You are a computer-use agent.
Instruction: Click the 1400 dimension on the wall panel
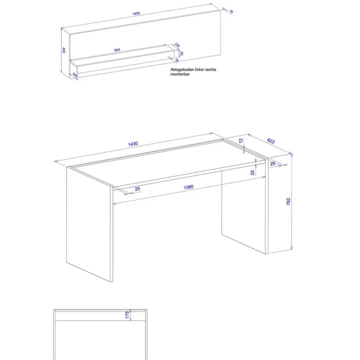point(136,13)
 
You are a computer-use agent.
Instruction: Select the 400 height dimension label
point(64,50)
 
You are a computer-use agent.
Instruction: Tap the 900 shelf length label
point(117,50)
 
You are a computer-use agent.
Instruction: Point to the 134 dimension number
point(177,45)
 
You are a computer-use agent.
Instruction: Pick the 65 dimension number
point(181,53)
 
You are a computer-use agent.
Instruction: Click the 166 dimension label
point(75,75)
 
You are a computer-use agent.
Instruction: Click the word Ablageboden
point(182,70)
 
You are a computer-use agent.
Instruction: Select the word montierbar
point(180,74)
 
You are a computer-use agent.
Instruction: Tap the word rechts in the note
point(210,70)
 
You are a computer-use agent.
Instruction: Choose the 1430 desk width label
point(133,144)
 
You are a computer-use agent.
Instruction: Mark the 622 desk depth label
point(271,141)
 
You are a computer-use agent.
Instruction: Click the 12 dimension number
point(241,141)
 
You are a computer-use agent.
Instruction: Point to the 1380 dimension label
point(189,187)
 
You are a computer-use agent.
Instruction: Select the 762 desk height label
point(288,201)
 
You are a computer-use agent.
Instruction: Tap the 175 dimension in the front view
point(127,315)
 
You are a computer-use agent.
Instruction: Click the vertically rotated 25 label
point(252,173)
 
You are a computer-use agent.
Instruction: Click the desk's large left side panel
point(89,224)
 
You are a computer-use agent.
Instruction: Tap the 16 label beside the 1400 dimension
point(231,11)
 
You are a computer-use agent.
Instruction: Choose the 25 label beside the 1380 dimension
point(137,189)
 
